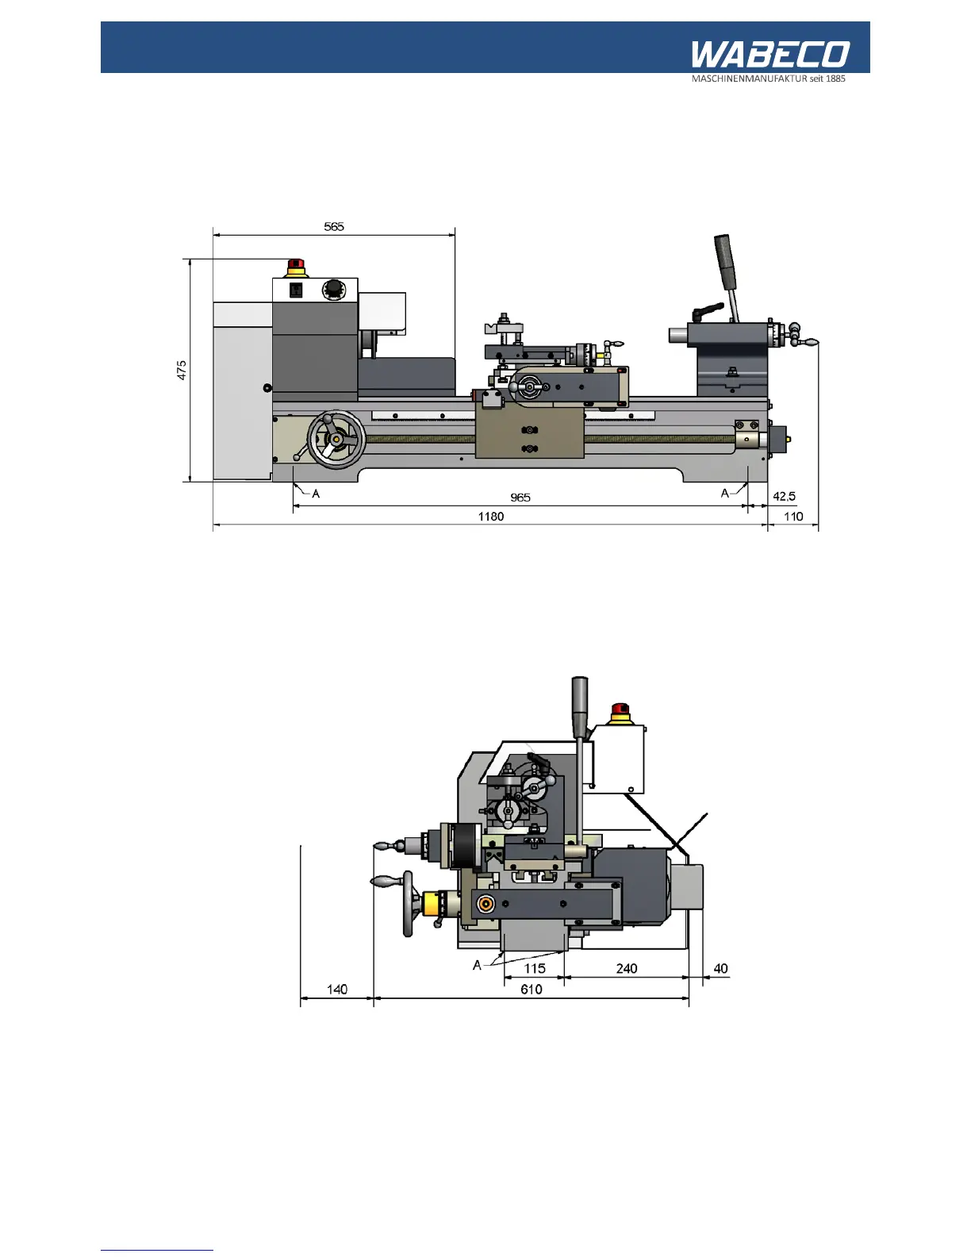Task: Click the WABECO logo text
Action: pos(770,54)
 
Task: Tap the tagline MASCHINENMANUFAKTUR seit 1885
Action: pos(768,79)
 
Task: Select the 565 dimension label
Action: pos(334,227)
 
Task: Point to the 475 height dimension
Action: pos(182,370)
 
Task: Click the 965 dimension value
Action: pos(520,498)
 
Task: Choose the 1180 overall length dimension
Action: pos(491,517)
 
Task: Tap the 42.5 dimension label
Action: pos(784,497)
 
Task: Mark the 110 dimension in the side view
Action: pos(793,517)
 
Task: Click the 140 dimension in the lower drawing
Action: pos(337,990)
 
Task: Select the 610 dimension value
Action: pos(532,990)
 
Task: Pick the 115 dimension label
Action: pos(535,968)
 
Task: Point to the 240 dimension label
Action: pos(627,968)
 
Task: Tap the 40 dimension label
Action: pos(720,968)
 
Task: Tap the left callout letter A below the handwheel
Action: pos(316,494)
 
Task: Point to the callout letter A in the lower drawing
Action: pos(477,966)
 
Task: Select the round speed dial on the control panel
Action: pos(335,290)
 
